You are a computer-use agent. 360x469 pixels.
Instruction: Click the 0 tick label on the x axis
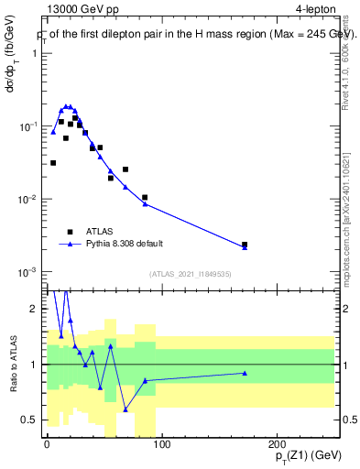pyautogui.click(x=47, y=443)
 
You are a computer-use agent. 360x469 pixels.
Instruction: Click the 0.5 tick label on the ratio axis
pyautogui.click(x=30, y=420)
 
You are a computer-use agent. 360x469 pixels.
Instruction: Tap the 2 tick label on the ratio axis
pyautogui.click(x=35, y=309)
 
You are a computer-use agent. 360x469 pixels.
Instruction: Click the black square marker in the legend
pyautogui.click(x=69, y=233)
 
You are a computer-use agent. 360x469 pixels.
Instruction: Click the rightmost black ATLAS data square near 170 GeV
pyautogui.click(x=245, y=245)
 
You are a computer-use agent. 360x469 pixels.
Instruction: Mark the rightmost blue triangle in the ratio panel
pyautogui.click(x=245, y=373)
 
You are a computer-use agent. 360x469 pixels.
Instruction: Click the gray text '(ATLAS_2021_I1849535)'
pyautogui.click(x=191, y=273)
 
